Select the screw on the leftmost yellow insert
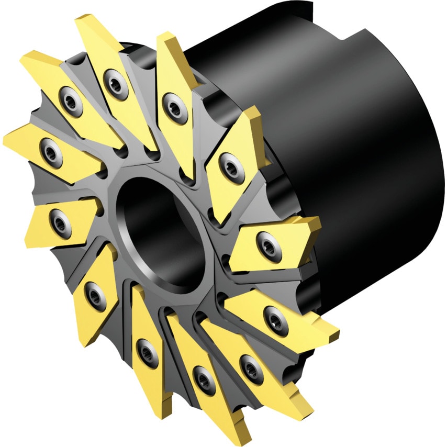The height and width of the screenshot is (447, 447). pos(51,152)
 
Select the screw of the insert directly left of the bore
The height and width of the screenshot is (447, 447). pos(61,222)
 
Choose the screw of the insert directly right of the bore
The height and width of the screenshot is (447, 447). pos(269,244)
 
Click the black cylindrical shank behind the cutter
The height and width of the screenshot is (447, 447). pos(366,157)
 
